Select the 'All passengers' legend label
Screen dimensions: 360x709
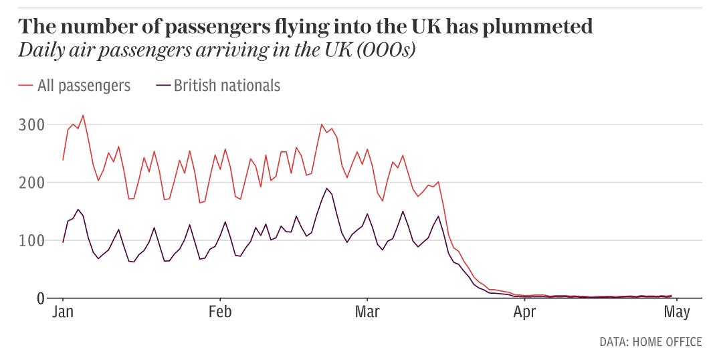[84, 86]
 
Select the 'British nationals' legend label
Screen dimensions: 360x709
[227, 86]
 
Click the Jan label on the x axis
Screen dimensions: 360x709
[62, 313]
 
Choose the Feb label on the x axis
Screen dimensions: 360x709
[219, 313]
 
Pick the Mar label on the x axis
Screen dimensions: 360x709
[367, 313]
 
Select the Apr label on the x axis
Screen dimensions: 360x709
[524, 313]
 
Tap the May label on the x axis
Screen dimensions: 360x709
[676, 313]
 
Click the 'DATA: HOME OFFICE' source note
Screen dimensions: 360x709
[650, 343]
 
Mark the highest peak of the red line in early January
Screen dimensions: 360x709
[83, 115]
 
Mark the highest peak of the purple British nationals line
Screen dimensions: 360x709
[326, 188]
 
